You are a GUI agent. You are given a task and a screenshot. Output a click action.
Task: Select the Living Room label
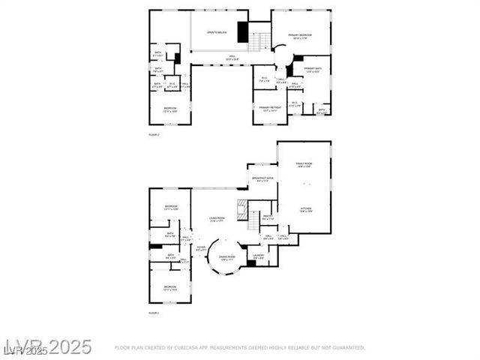point(218,219)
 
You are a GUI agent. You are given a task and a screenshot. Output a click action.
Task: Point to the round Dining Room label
point(226,257)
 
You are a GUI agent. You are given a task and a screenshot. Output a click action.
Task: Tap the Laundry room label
point(259,256)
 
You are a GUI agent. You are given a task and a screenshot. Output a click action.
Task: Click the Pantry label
point(268,217)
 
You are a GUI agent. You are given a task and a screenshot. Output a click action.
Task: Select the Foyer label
point(201,247)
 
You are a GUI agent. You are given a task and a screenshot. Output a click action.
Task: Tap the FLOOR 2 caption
point(154,134)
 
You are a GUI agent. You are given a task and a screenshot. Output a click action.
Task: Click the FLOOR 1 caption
point(154,311)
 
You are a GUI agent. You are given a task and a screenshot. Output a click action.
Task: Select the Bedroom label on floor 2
point(170,109)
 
